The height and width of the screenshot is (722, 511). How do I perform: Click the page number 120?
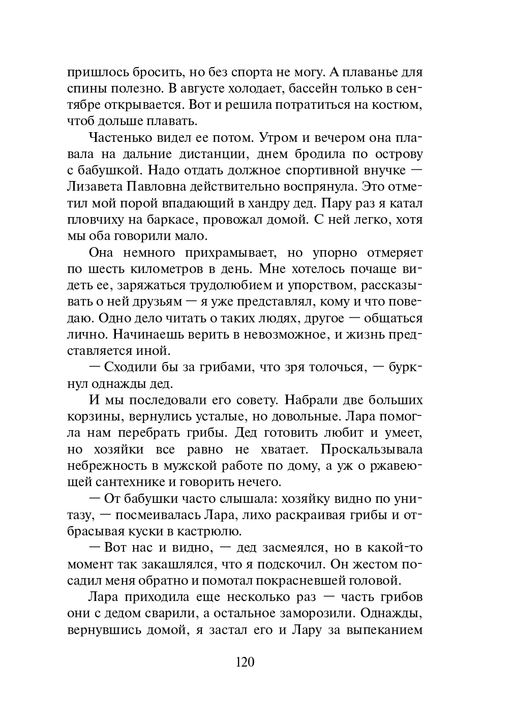tap(245, 662)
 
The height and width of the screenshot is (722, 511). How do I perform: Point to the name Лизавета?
tap(94, 187)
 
